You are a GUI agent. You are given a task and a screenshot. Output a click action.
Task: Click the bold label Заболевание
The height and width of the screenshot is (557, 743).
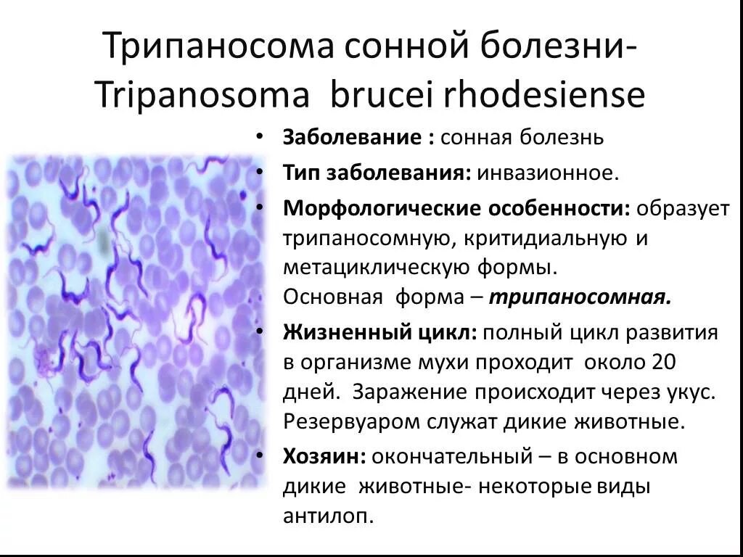pyautogui.click(x=354, y=138)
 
